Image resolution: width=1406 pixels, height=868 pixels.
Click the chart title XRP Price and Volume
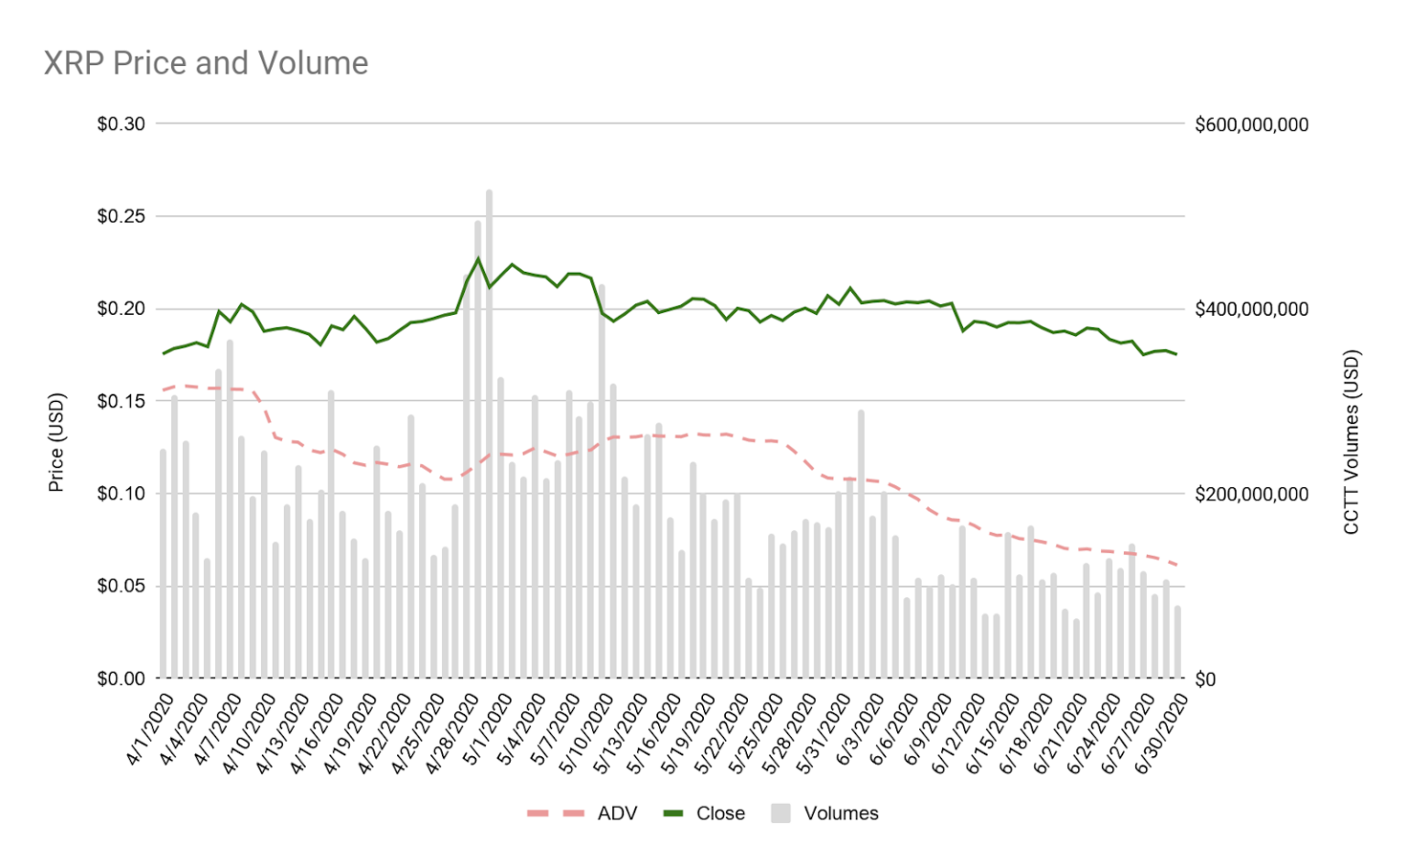(206, 63)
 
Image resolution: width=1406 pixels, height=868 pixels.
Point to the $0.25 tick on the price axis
(121, 216)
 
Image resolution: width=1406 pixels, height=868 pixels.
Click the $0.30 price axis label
(121, 124)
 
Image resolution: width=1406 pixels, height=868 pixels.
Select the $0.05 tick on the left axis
(121, 586)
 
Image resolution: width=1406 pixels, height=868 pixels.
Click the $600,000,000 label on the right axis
(1251, 125)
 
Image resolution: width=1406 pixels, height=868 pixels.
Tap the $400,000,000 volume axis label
(1251, 309)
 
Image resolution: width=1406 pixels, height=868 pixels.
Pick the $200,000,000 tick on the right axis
(1251, 494)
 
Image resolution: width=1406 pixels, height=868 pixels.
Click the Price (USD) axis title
(56, 442)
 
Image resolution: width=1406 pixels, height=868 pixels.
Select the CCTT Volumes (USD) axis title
(1351, 442)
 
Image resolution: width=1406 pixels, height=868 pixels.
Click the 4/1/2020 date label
(152, 730)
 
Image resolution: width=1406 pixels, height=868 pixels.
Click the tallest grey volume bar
(489, 430)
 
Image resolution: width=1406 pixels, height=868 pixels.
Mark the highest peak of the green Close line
(478, 258)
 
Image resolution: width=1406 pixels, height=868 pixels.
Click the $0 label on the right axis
(1206, 679)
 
